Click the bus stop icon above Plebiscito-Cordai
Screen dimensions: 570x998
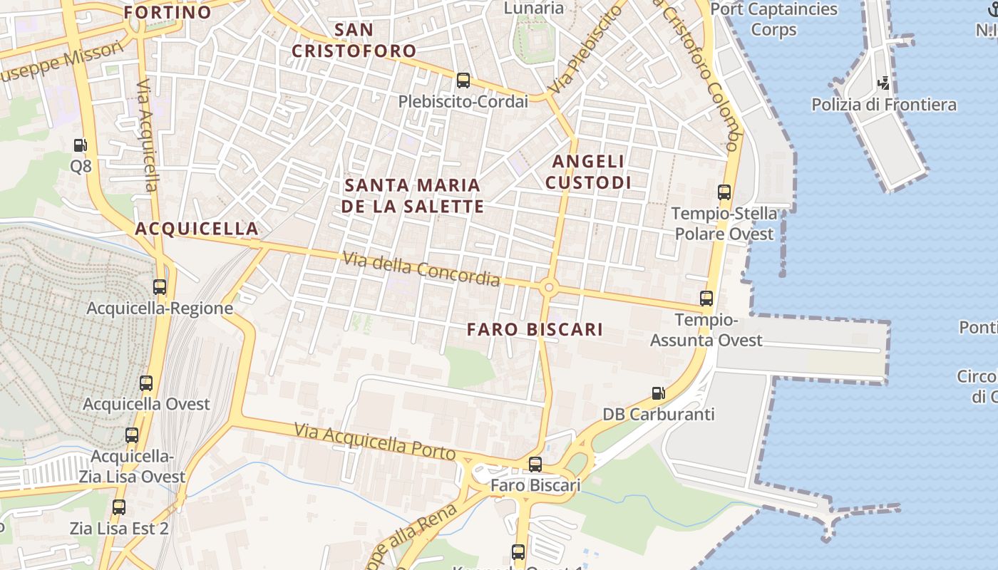click(463, 81)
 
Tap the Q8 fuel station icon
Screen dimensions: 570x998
click(81, 145)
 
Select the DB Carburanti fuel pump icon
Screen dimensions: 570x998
click(658, 393)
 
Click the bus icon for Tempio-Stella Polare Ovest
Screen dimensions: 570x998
click(724, 192)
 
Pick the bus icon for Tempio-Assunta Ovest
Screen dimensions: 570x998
click(706, 299)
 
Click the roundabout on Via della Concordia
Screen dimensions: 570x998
click(548, 288)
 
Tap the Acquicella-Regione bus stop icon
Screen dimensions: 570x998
click(160, 287)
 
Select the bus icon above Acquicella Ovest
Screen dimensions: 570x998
click(146, 383)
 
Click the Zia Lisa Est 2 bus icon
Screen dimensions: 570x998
click(119, 507)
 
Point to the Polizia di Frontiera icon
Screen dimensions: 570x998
click(884, 83)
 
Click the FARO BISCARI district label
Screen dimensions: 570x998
click(535, 329)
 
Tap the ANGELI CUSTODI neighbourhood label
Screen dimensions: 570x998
click(588, 172)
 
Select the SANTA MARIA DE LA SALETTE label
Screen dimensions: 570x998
click(413, 196)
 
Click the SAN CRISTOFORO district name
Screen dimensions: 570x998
click(354, 41)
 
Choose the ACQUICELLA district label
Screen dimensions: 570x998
click(197, 229)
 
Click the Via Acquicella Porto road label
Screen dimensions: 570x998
click(375, 441)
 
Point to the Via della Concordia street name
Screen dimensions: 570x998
click(421, 269)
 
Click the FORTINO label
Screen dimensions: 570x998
click(168, 12)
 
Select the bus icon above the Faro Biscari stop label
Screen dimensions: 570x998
click(535, 465)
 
